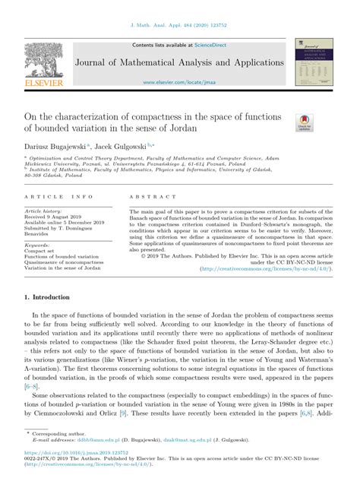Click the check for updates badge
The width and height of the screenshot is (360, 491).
click(305, 123)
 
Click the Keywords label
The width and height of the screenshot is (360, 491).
click(38, 245)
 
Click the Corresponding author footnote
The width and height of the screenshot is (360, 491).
click(63, 432)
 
